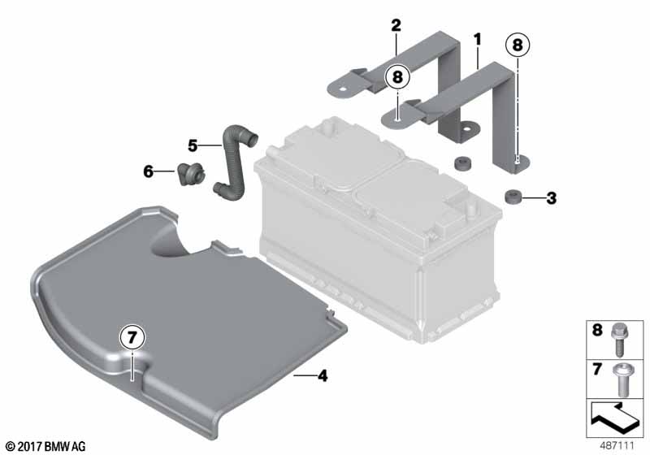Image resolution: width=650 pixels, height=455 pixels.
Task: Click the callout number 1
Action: [x=478, y=40]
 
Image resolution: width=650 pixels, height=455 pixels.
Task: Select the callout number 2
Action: [x=396, y=25]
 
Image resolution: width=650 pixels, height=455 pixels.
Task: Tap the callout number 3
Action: [x=551, y=198]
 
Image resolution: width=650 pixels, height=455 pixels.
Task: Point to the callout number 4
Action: [x=322, y=376]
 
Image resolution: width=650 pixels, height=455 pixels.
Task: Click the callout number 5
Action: [x=193, y=145]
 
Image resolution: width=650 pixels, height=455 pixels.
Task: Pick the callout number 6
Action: [x=148, y=171]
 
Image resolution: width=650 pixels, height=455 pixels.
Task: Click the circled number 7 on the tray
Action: [x=132, y=338]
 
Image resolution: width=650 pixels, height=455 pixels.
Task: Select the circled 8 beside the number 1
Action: [x=518, y=45]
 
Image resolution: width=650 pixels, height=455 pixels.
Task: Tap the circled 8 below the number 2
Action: [x=397, y=77]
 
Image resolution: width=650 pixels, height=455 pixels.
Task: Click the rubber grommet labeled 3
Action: [x=513, y=197]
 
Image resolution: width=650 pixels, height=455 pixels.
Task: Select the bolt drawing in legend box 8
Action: [x=619, y=340]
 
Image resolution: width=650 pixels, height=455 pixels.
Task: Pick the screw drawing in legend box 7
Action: [x=621, y=379]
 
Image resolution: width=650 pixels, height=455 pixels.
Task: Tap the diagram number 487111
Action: [x=617, y=446]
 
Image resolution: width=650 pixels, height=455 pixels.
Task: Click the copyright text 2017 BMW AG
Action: [x=46, y=446]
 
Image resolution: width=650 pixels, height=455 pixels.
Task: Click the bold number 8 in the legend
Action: [x=597, y=330]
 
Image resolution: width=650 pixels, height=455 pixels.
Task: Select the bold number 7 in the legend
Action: [x=597, y=369]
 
